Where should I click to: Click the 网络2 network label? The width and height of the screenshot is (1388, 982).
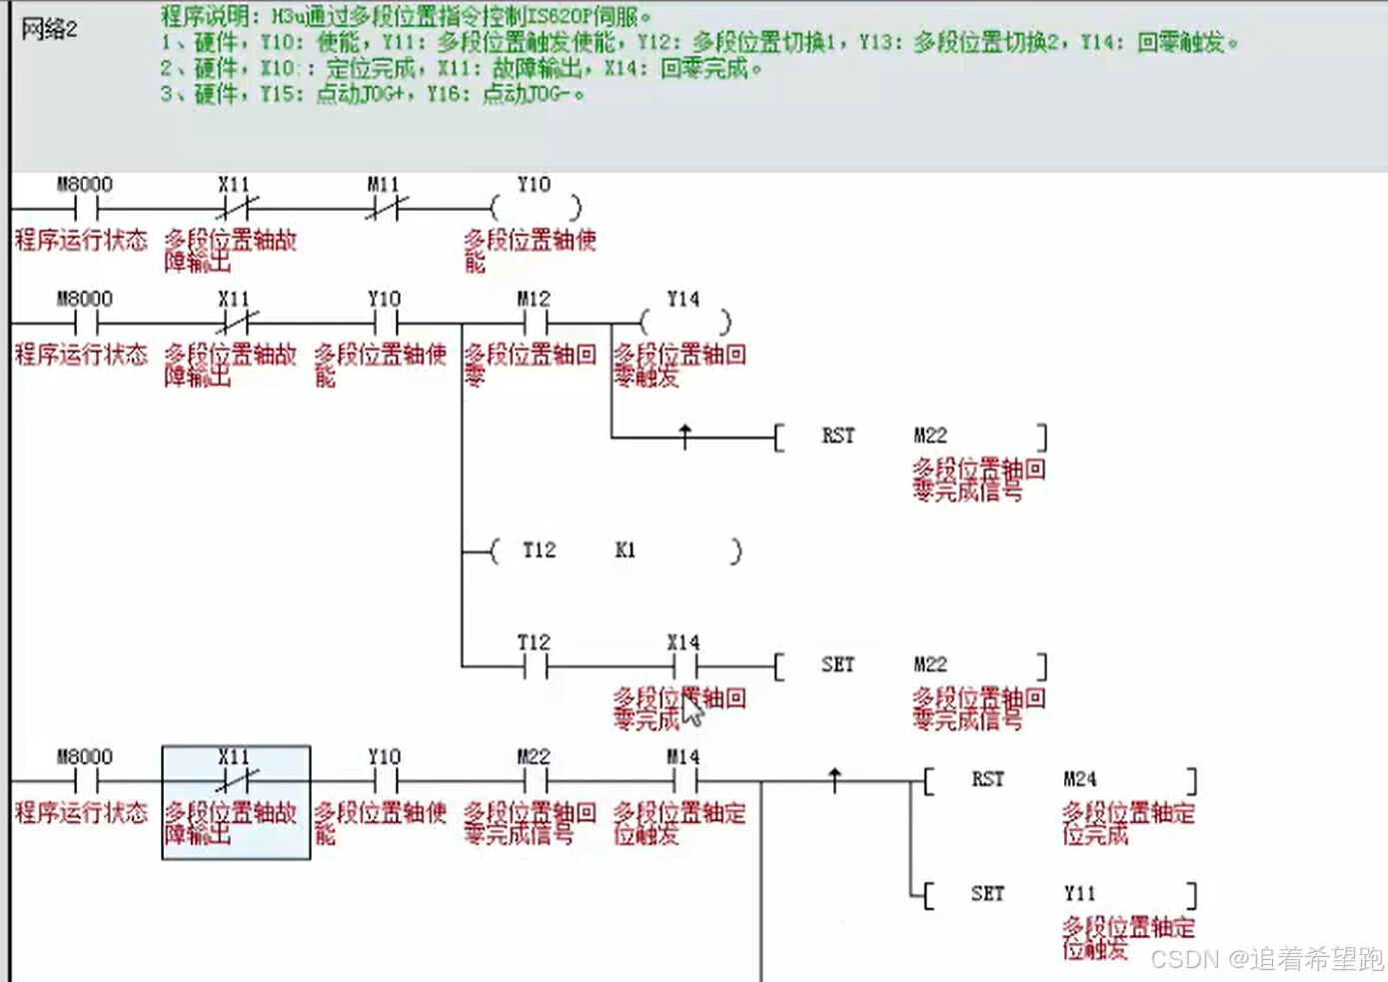point(49,29)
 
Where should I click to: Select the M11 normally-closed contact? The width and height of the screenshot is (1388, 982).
point(385,208)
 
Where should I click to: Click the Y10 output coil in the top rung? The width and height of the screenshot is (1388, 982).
point(535,208)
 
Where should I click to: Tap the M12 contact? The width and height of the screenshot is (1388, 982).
point(535,323)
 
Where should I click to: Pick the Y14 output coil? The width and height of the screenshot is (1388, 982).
point(685,323)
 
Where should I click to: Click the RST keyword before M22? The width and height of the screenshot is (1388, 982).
point(837,436)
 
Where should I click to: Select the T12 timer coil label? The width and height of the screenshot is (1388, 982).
point(539,550)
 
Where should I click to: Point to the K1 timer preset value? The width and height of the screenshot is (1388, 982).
point(625,550)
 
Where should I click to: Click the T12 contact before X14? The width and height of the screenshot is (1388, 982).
point(535,666)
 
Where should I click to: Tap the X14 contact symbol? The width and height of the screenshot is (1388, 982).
point(685,666)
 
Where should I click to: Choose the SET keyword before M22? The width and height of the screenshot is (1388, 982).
point(837,665)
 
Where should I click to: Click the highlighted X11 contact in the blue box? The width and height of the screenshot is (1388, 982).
point(236,780)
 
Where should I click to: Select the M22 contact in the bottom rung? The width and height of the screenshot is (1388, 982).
point(535,780)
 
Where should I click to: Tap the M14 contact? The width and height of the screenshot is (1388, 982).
point(685,780)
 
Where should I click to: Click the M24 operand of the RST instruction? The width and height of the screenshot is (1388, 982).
point(1079,779)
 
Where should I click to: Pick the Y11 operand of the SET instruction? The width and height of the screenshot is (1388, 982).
point(1079,894)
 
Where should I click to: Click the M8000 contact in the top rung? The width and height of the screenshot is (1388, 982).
point(86,208)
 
